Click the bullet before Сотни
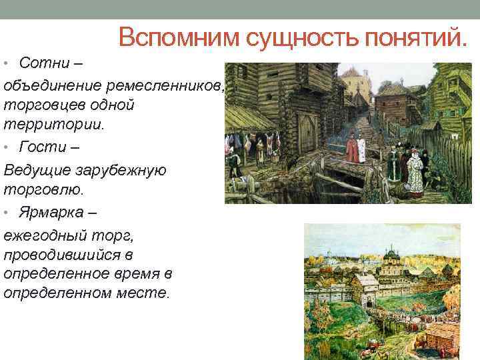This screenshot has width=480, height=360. click(x=5, y=64)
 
